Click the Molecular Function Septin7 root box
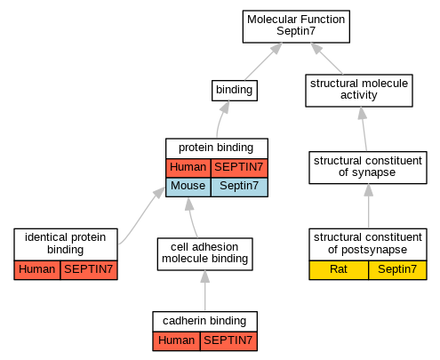[296, 27]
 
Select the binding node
[235, 91]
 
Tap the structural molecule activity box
[359, 91]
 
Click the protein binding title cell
[217, 148]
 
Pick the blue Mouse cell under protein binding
[188, 187]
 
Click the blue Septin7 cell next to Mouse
[239, 187]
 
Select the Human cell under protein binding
[188, 168]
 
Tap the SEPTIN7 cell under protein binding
[239, 168]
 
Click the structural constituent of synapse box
[368, 167]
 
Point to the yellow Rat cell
[339, 270]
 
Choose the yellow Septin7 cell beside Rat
[397, 270]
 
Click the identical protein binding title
[66, 244]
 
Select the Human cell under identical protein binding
[37, 270]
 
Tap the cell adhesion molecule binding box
[204, 254]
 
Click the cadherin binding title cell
[204, 322]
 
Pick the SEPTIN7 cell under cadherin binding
[228, 341]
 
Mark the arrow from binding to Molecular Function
[263, 61]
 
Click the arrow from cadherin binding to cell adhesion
[204, 291]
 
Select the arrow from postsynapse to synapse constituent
[368, 206]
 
